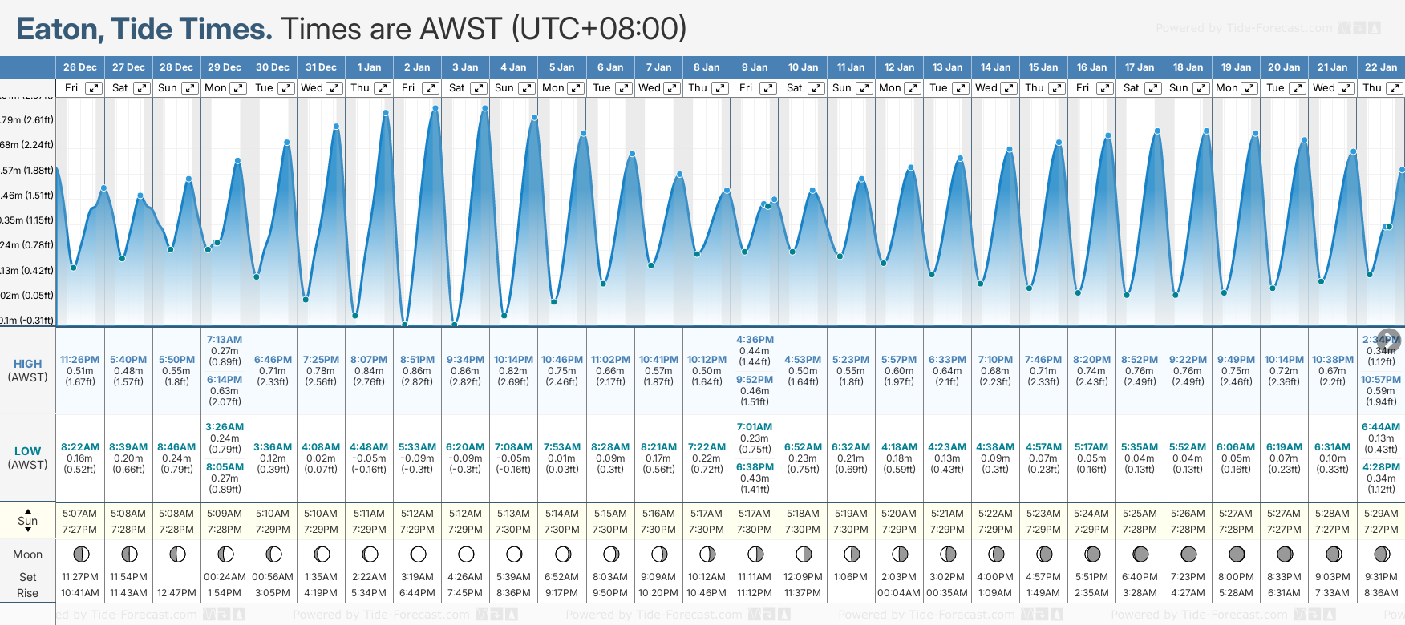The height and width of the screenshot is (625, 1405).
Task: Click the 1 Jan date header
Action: [369, 67]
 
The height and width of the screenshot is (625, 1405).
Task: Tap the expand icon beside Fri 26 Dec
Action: [94, 88]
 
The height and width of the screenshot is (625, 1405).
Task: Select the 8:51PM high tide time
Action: [417, 360]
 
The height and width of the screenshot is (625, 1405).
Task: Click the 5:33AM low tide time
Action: [417, 447]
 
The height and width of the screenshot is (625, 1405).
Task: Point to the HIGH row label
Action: [27, 364]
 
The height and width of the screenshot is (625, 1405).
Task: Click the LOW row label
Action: [27, 451]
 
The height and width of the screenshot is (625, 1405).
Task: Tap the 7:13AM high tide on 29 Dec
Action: [225, 340]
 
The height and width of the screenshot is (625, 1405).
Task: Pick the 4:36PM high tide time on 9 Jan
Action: [755, 340]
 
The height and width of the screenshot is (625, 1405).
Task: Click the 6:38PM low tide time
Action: [755, 467]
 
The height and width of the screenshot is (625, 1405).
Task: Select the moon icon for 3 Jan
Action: [466, 554]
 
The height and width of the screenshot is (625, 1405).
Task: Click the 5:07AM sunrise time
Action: [79, 514]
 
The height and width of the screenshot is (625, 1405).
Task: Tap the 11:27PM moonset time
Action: [79, 577]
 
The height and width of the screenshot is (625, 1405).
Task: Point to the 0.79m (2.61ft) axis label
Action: [27, 120]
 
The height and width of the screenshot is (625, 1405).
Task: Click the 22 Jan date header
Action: [1381, 67]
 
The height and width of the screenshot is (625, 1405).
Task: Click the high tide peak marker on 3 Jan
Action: [484, 107]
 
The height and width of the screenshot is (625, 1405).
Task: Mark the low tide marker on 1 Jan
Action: [355, 315]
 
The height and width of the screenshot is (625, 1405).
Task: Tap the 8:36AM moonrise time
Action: [1381, 593]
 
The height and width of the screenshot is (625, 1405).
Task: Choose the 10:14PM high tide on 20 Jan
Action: [1284, 360]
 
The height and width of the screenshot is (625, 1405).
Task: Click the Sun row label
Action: [27, 521]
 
